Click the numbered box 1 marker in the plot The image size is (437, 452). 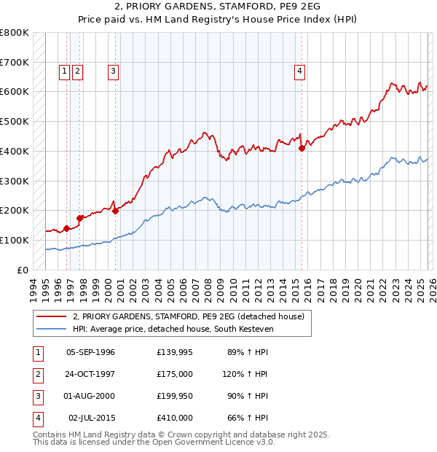pyautogui.click(x=65, y=71)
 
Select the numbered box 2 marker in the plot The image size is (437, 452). pyautogui.click(x=77, y=71)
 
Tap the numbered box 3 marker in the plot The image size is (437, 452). pyautogui.click(x=114, y=71)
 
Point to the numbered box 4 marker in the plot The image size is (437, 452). pyautogui.click(x=299, y=71)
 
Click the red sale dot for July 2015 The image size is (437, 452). pyautogui.click(x=302, y=148)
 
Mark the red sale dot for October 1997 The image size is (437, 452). pyautogui.click(x=79, y=217)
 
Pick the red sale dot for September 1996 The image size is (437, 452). pyautogui.click(x=66, y=228)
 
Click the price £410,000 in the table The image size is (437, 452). pyautogui.click(x=174, y=418)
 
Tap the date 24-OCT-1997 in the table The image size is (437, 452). pyautogui.click(x=90, y=374)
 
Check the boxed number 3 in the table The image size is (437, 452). pyautogui.click(x=37, y=396)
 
